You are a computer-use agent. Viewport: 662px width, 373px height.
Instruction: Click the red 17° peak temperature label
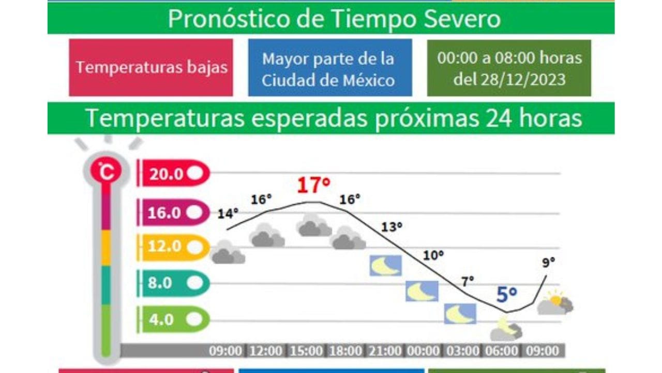click(x=313, y=185)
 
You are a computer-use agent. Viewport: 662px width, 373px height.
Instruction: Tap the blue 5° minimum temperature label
click(x=506, y=295)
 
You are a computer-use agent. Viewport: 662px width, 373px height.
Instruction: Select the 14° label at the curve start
click(x=228, y=213)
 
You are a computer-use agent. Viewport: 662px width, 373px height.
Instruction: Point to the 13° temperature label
click(x=392, y=227)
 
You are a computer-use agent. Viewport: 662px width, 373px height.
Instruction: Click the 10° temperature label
click(x=433, y=255)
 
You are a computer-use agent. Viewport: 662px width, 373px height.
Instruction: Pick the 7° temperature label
click(x=468, y=281)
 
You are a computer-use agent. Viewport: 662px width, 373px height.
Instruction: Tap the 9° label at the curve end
click(x=549, y=262)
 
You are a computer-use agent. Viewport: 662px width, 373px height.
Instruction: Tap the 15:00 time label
click(x=306, y=351)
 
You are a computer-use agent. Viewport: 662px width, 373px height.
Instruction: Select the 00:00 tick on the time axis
click(x=423, y=351)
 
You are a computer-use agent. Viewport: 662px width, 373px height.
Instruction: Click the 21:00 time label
click(x=385, y=351)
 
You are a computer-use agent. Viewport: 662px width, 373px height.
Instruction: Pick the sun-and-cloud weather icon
click(x=555, y=303)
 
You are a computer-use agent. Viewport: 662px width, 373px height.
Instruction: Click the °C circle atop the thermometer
click(x=106, y=171)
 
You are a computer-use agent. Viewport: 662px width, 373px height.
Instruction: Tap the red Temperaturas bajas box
click(x=151, y=67)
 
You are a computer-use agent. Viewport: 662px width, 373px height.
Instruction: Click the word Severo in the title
click(x=462, y=19)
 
